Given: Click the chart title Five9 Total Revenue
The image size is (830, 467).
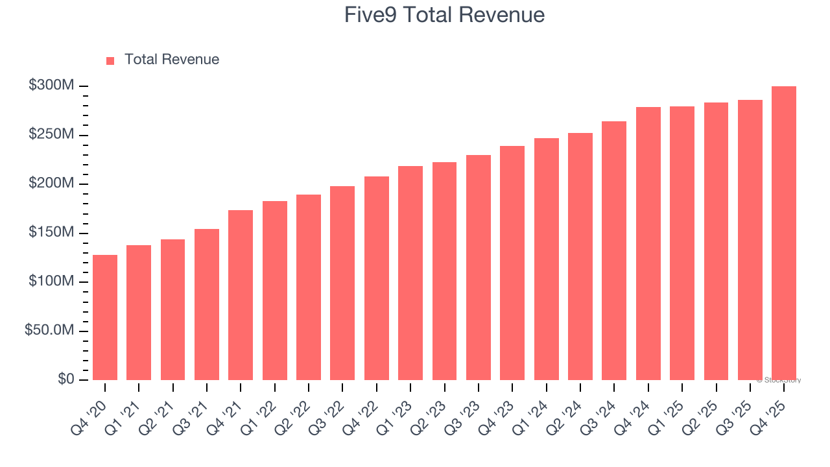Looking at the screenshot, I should [x=444, y=15].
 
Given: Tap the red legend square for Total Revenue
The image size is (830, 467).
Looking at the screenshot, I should [x=110, y=60].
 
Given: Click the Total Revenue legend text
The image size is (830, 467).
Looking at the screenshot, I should [x=172, y=60].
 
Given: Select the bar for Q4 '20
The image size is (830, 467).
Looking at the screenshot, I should [x=105, y=317].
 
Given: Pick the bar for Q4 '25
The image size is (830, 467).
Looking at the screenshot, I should [x=784, y=233].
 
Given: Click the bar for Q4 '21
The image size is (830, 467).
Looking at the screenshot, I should [x=241, y=295].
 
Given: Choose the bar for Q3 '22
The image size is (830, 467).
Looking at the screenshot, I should [x=342, y=283].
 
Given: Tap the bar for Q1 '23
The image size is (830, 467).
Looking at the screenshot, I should [x=410, y=273].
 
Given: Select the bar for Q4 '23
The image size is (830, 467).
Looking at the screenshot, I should [x=512, y=263].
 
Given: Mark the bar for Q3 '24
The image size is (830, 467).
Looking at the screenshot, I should [x=614, y=250].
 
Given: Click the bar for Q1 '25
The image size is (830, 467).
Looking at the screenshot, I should [x=682, y=243].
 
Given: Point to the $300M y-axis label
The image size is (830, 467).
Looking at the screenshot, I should [x=51, y=86].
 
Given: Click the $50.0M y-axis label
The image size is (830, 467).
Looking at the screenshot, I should [x=49, y=331].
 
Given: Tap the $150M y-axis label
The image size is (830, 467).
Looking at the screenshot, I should [x=51, y=233].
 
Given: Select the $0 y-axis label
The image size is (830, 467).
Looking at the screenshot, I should [x=65, y=379].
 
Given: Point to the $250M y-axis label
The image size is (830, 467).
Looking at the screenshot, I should [x=51, y=135].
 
